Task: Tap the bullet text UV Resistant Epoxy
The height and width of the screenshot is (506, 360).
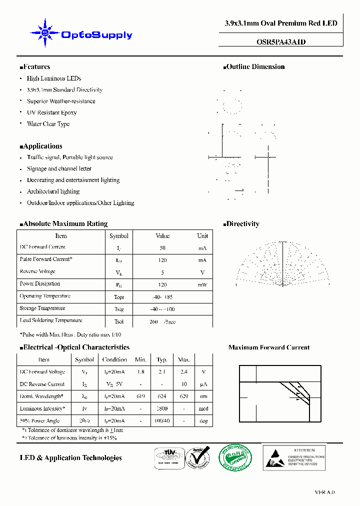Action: click(x=51, y=112)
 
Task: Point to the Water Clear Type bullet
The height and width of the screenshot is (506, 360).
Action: click(x=48, y=124)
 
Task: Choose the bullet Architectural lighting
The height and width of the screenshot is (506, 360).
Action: click(x=53, y=191)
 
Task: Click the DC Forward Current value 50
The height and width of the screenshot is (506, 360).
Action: click(x=162, y=248)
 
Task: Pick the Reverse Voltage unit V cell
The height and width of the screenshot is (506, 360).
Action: click(x=202, y=272)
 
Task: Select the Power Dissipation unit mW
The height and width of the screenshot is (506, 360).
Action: click(x=202, y=284)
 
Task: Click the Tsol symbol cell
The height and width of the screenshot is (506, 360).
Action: click(x=118, y=321)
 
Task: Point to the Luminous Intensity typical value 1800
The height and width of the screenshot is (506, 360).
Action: click(x=161, y=409)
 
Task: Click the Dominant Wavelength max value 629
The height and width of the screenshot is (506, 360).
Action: click(x=184, y=396)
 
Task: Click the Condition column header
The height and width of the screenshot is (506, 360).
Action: click(x=114, y=359)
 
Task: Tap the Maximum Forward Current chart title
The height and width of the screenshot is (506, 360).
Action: click(x=268, y=347)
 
